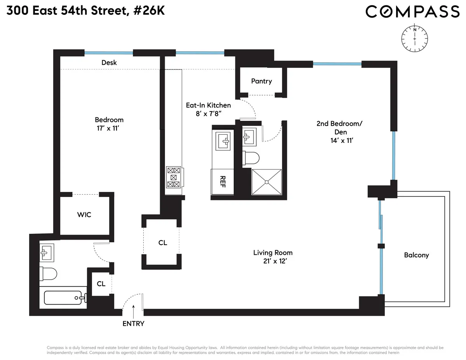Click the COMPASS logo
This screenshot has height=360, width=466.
click(x=412, y=12)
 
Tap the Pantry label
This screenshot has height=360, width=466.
click(x=261, y=81)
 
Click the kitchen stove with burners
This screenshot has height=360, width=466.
click(x=174, y=177)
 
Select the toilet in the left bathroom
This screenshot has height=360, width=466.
click(x=48, y=274)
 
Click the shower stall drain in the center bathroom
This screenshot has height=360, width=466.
click(x=266, y=181)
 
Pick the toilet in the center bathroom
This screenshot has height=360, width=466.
click(x=252, y=158)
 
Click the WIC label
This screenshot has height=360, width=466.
click(x=84, y=214)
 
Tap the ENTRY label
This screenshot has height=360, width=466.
click(x=133, y=323)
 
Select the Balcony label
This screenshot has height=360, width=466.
click(x=416, y=255)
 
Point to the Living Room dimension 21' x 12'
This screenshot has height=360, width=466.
click(x=273, y=261)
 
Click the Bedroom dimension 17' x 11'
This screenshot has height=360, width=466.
click(x=109, y=129)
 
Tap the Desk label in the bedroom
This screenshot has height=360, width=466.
click(x=109, y=63)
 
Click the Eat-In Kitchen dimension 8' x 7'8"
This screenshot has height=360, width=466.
click(x=208, y=113)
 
